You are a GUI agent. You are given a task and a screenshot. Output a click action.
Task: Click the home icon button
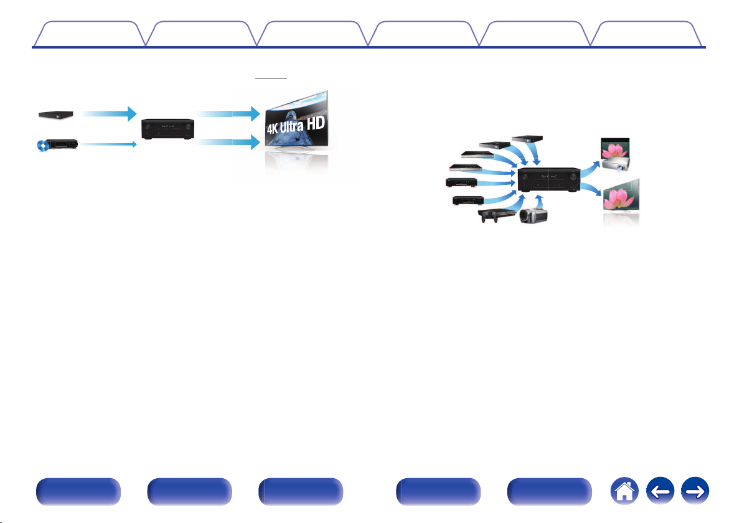624,491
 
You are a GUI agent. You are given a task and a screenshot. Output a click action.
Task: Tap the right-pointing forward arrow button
695,491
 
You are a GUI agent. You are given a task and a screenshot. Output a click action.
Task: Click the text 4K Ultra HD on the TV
296,125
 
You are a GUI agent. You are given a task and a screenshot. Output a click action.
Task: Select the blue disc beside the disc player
43,146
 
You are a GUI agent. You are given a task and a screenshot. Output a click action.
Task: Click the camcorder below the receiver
533,215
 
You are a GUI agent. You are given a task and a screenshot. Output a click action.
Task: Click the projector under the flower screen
616,164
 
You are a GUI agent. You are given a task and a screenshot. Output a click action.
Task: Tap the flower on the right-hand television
619,199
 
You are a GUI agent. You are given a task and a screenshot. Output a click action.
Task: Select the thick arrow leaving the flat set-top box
109,113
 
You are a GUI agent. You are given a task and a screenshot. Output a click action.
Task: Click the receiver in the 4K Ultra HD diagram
168,129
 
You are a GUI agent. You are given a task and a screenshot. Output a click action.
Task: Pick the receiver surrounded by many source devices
549,179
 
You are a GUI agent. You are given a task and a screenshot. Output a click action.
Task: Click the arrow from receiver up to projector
591,168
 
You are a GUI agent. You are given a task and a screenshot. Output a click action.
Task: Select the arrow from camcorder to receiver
538,200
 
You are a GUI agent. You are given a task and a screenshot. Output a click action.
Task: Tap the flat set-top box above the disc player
56,115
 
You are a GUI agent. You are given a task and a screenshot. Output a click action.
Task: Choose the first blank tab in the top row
90,34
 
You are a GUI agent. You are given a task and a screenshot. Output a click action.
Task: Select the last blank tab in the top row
646,34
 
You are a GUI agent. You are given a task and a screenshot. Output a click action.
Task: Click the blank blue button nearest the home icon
550,491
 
